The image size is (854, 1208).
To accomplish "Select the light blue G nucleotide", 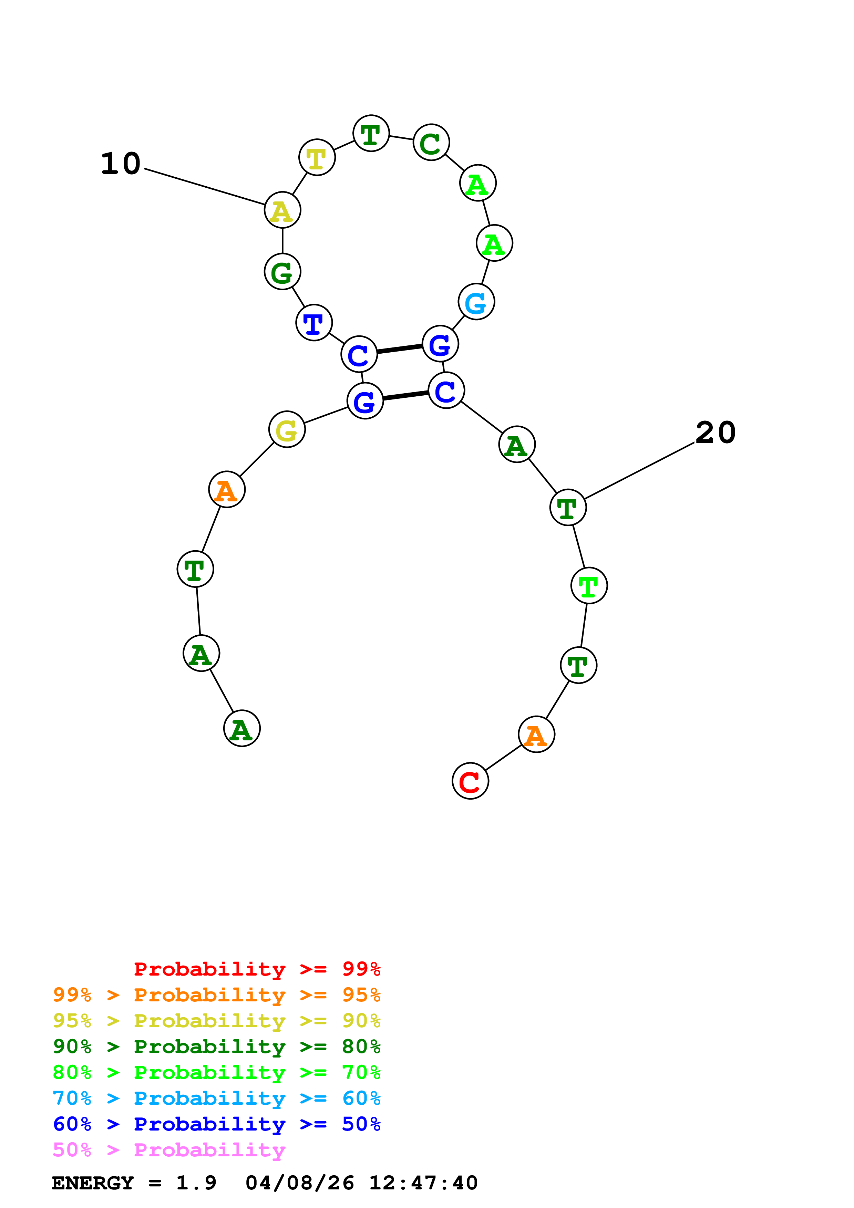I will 476,302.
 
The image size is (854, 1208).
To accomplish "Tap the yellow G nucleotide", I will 287,429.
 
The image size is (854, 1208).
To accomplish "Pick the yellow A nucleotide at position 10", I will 282,210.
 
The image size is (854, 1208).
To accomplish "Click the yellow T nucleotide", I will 317,157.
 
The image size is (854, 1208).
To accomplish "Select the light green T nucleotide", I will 589,586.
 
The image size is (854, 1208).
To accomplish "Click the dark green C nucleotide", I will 431,143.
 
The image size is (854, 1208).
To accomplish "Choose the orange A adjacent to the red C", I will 536,735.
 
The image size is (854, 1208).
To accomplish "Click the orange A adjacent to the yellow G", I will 227,490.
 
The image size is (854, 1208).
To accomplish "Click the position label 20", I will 715,433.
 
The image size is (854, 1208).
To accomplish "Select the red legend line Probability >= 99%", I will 257,969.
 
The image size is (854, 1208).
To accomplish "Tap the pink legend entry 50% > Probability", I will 169,1149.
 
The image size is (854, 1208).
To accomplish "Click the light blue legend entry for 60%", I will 216,1098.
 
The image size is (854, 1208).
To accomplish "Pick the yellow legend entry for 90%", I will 216,1021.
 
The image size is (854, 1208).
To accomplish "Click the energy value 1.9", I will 196,1183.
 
